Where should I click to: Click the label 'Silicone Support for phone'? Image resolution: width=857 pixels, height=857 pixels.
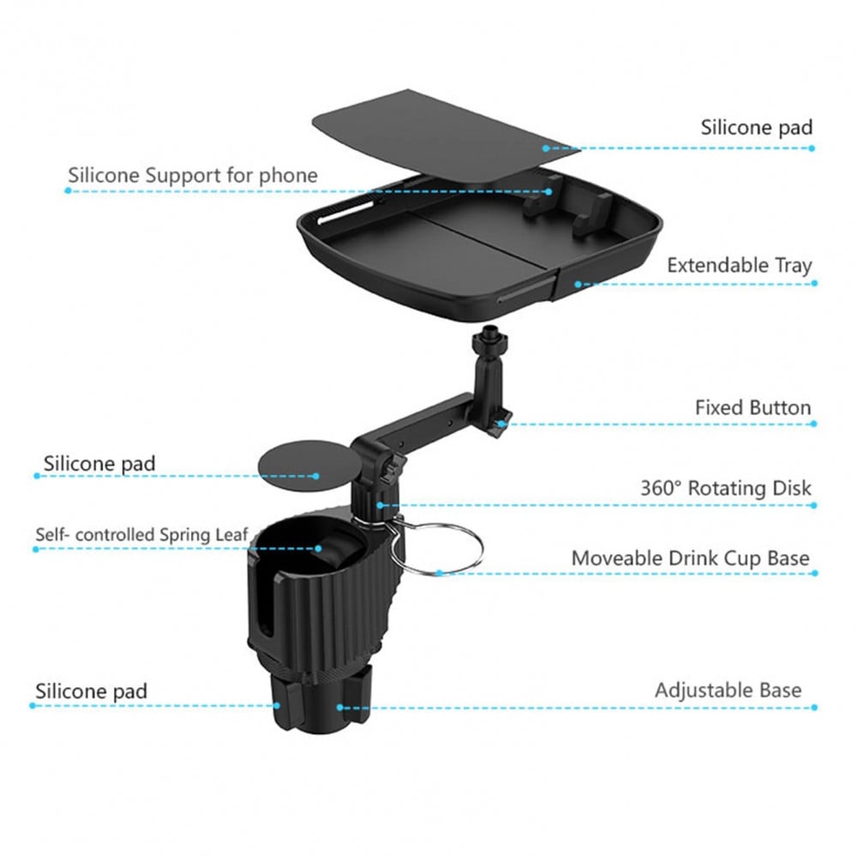pyautogui.click(x=192, y=176)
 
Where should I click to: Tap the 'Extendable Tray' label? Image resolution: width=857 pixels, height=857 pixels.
pyautogui.click(x=740, y=265)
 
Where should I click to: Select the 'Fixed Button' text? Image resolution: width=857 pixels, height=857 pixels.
pyautogui.click(x=752, y=408)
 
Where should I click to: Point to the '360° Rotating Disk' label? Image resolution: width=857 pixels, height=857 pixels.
pyautogui.click(x=726, y=488)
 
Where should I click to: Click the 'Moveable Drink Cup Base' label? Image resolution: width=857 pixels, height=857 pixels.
pyautogui.click(x=690, y=558)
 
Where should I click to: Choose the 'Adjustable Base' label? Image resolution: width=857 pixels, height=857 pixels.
pyautogui.click(x=728, y=690)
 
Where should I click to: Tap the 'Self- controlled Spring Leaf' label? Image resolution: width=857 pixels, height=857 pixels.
pyautogui.click(x=142, y=535)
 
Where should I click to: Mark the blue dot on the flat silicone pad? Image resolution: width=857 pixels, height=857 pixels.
pyautogui.click(x=545, y=148)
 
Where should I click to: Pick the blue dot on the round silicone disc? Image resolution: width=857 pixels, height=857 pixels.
pyautogui.click(x=316, y=476)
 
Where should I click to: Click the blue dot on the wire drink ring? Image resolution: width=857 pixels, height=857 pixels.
pyautogui.click(x=439, y=573)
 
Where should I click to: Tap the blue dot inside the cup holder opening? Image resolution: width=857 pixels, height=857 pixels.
pyautogui.click(x=318, y=548)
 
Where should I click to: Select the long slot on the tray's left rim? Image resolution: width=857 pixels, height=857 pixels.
pyautogui.click(x=345, y=212)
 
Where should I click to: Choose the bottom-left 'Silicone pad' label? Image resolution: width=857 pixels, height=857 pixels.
pyautogui.click(x=92, y=692)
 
